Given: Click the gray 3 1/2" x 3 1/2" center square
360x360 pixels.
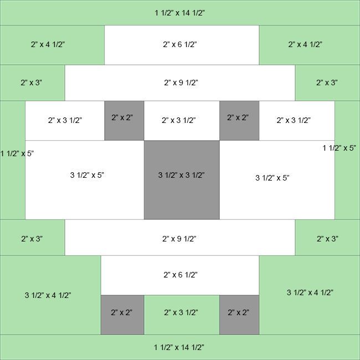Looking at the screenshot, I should (x=182, y=179).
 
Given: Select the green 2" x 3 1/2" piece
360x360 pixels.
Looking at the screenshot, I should (x=182, y=315).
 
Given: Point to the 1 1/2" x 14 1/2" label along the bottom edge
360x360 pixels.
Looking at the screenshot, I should (x=180, y=347).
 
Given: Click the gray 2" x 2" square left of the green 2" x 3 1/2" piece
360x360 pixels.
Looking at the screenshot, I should (x=122, y=315).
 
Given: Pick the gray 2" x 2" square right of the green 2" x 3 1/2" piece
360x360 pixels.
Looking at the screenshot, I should (x=239, y=315).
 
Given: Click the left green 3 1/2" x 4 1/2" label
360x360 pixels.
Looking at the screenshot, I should (x=48, y=295).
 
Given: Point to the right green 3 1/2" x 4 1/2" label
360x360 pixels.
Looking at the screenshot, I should (x=310, y=292).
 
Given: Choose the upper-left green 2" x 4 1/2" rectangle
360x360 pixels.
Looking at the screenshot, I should (x=52, y=44).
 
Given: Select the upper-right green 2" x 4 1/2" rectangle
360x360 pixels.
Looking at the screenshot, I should (x=309, y=44).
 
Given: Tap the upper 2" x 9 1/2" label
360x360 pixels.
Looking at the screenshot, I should (x=181, y=83).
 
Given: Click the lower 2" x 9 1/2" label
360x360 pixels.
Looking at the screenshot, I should (x=181, y=239).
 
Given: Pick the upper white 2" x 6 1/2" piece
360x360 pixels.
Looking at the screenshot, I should (x=181, y=44).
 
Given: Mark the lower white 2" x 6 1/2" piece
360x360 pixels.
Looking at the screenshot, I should (x=180, y=275).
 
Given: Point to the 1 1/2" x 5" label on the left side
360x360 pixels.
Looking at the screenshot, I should (x=17, y=153).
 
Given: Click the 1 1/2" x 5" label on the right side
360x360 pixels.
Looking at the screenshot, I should (x=339, y=148).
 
